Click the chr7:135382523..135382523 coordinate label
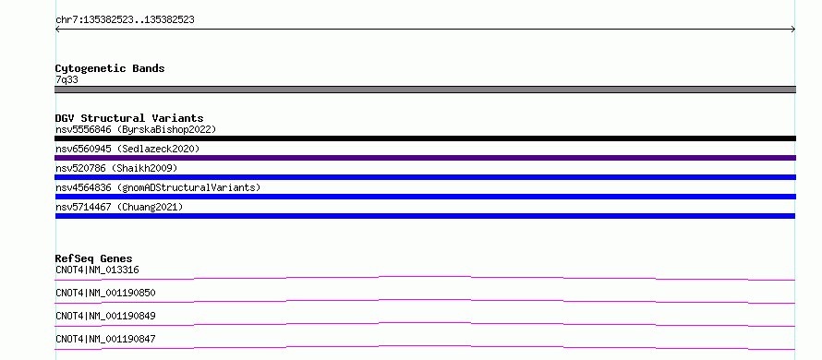point(125,20)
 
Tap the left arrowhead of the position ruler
point(57,30)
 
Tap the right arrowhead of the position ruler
point(793,30)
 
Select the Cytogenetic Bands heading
point(110,68)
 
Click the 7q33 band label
point(67,79)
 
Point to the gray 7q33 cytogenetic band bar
point(425,90)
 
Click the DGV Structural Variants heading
point(129,118)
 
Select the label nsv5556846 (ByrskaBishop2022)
point(136,129)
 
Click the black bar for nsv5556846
point(425,138)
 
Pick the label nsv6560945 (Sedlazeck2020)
point(127,149)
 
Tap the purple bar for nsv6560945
point(425,158)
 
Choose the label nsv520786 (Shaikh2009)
point(116,168)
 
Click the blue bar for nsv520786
point(425,177)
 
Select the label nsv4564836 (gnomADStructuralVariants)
point(158,187)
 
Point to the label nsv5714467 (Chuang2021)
point(119,207)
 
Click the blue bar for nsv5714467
point(425,216)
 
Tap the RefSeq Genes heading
point(94,258)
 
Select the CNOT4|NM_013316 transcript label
point(97,270)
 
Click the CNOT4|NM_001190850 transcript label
point(105,293)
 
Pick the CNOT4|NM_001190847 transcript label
point(105,339)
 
